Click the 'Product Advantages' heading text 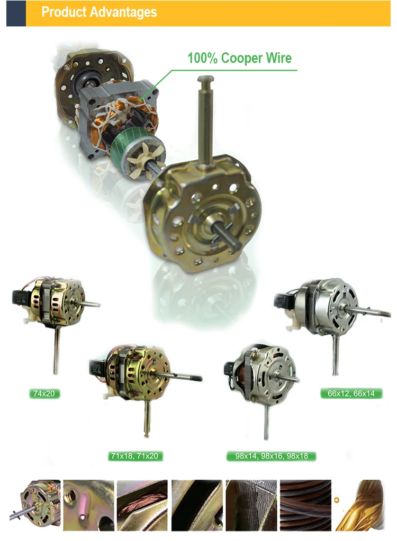[x=99, y=12]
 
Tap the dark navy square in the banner [x=16, y=13]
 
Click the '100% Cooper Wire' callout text [x=239, y=58]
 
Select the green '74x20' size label [x=44, y=393]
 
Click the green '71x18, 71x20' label [x=134, y=456]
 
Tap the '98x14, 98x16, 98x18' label [x=272, y=456]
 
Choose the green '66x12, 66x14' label [x=351, y=393]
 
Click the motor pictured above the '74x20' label [x=55, y=321]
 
